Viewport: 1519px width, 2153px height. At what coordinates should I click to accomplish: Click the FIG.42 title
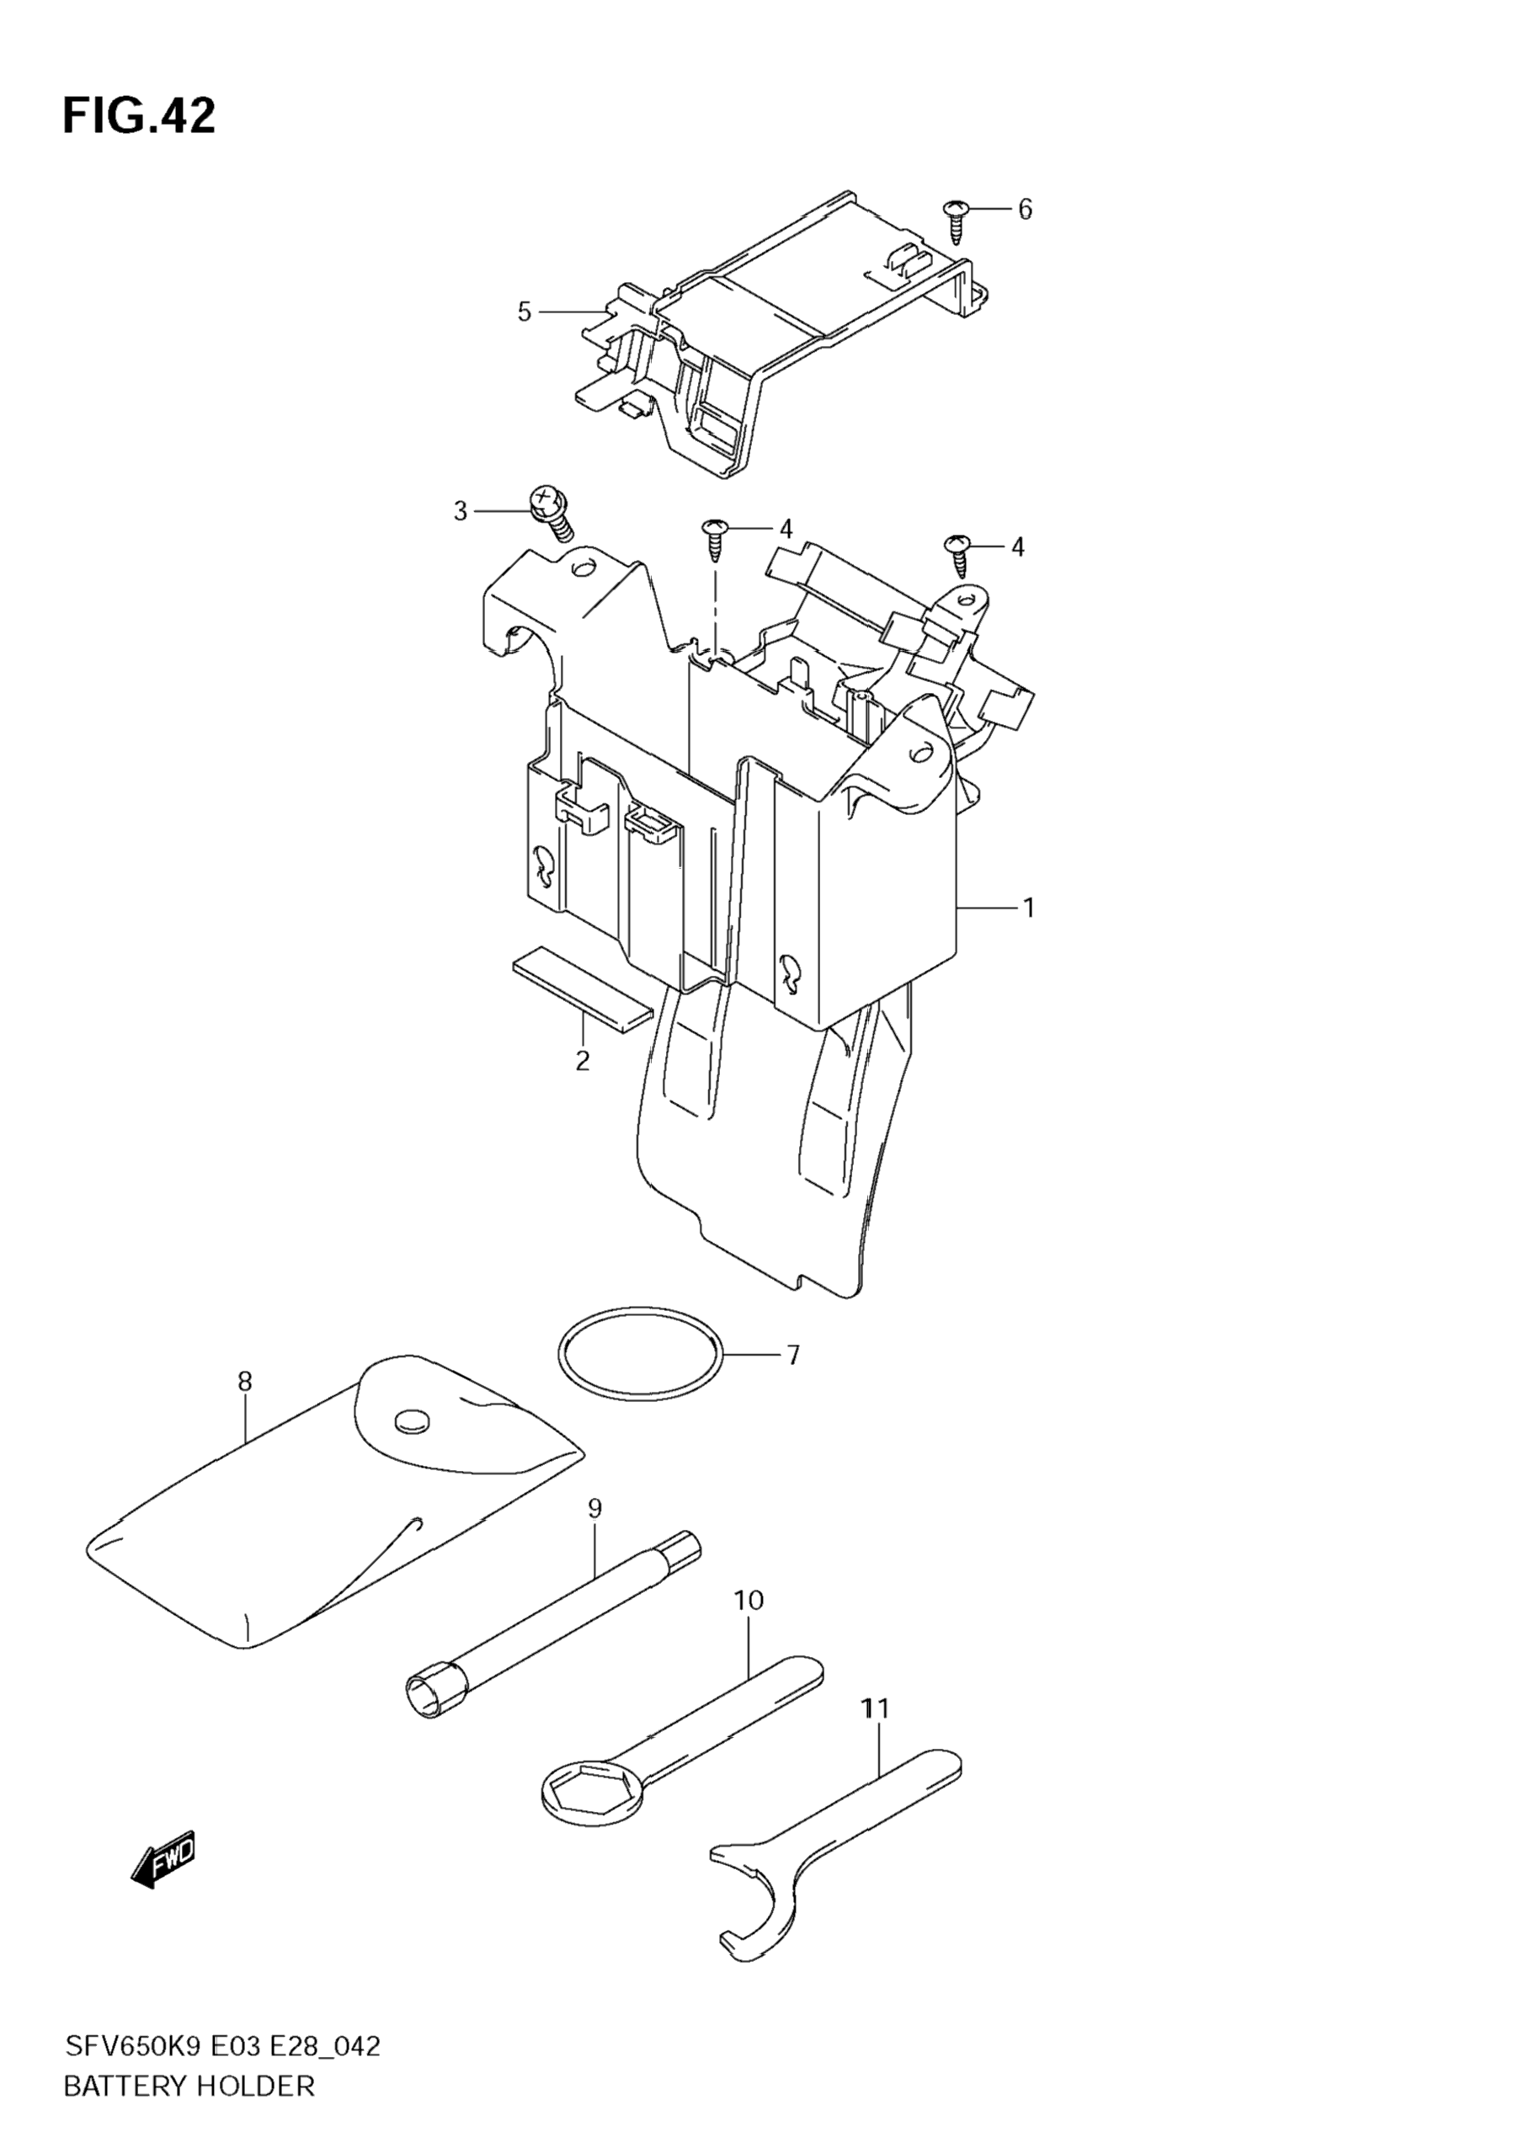[x=139, y=116]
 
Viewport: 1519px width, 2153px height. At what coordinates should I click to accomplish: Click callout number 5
[x=524, y=312]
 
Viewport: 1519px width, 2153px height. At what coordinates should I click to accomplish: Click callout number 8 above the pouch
[x=245, y=1380]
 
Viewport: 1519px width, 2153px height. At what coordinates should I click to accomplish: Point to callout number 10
[x=749, y=1600]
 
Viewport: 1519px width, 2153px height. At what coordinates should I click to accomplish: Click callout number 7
[x=792, y=1355]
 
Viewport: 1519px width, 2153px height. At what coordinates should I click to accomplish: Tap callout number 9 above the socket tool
[x=594, y=1508]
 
